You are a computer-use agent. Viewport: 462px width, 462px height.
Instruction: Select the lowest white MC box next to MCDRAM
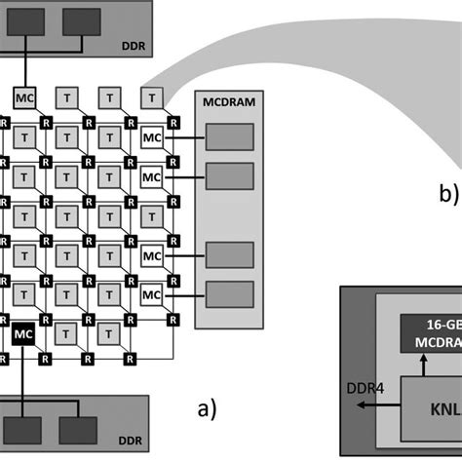pos(151,293)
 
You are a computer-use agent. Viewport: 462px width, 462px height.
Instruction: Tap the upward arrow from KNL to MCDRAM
pos(422,366)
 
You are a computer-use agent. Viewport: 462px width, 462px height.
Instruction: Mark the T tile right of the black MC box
pos(66,335)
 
